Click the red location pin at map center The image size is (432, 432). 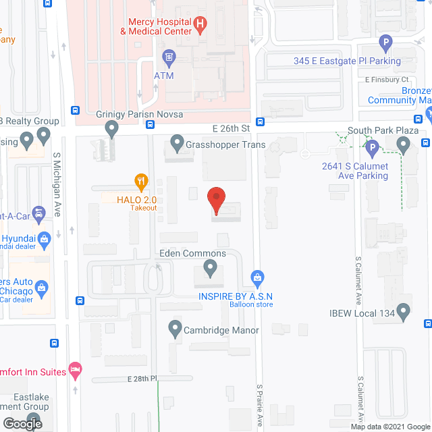(215, 199)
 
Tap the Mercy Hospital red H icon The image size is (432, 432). (200, 25)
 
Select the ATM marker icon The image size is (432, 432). (169, 55)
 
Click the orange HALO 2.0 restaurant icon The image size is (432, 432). (140, 181)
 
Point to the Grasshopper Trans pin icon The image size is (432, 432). (177, 142)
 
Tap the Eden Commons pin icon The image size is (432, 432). (210, 270)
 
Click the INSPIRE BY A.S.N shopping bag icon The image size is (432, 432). (256, 277)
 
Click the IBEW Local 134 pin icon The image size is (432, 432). (404, 311)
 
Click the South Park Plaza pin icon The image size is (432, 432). (404, 144)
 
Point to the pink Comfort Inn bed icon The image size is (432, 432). (76, 370)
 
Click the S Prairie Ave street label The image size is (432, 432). (260, 405)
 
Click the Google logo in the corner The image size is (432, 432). (23, 423)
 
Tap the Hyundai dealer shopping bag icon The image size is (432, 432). (45, 238)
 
